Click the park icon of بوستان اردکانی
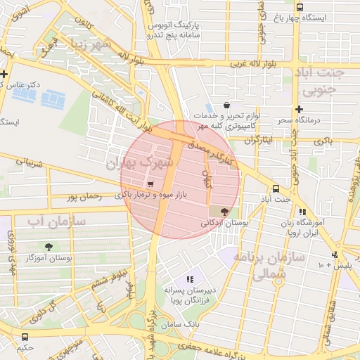coord(224,211)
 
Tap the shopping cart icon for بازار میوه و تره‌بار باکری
coord(150,184)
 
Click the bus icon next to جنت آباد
coord(275,188)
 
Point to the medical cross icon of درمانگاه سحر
coord(300,109)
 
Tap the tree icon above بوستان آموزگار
coord(49,246)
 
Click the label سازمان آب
coord(56,221)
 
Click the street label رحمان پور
coord(84,198)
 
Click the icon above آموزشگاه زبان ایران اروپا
coord(302,212)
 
